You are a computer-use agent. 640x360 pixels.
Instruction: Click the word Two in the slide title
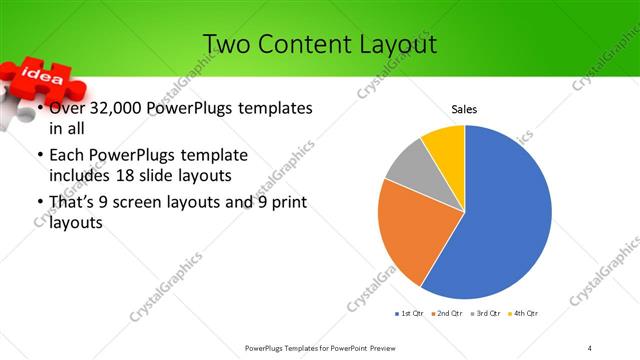pyautogui.click(x=224, y=44)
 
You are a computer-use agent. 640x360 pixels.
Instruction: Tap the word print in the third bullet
pyautogui.click(x=288, y=203)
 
